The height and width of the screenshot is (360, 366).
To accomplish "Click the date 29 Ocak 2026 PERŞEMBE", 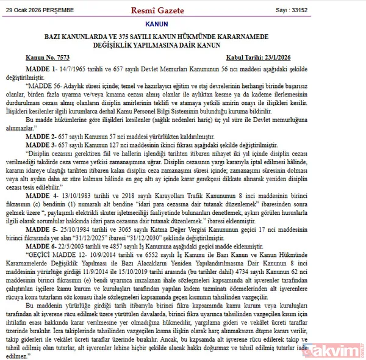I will point(41,10).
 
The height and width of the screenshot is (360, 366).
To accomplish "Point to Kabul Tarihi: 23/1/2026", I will point(309,57).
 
